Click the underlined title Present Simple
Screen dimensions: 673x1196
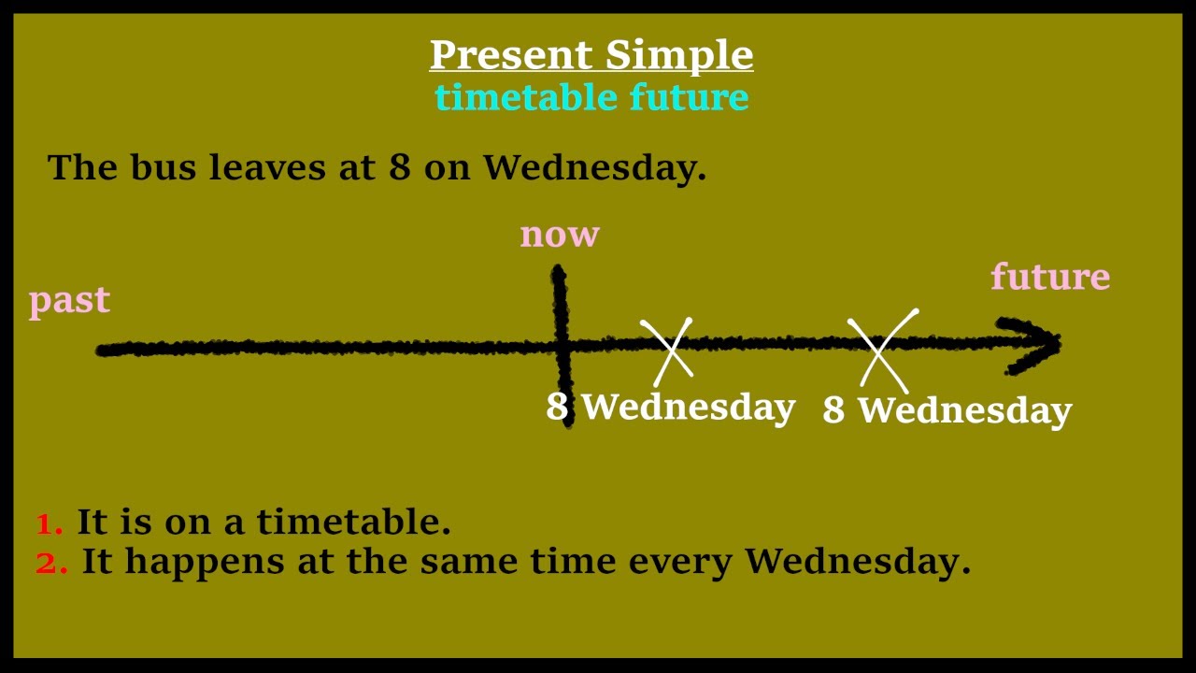pos(591,55)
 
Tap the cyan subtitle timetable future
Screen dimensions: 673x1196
pos(591,97)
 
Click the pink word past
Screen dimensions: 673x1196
pos(69,301)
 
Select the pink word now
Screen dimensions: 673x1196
pos(560,235)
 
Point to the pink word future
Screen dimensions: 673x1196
pos(1050,277)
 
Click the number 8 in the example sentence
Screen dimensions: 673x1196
pos(399,168)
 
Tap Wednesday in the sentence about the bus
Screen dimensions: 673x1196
pos(594,167)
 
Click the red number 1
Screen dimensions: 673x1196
pos(49,524)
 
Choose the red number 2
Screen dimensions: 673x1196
pos(50,564)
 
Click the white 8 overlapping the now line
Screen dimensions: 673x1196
pos(557,408)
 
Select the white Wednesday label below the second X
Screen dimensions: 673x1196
pos(964,411)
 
